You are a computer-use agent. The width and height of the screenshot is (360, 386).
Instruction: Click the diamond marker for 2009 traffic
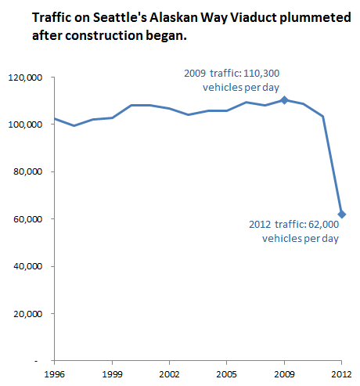[284, 100]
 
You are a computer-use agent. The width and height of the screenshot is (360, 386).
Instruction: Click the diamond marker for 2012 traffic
[341, 214]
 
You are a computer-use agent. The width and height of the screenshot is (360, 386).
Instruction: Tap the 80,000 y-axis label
[27, 172]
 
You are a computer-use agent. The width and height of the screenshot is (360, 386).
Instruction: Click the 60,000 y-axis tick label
[27, 219]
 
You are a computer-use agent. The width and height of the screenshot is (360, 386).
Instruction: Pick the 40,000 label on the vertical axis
[27, 266]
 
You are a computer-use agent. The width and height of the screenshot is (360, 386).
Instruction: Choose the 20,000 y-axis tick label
[27, 314]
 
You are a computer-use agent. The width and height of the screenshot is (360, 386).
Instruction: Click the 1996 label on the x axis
[55, 373]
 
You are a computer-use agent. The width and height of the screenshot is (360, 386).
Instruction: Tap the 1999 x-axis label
[112, 373]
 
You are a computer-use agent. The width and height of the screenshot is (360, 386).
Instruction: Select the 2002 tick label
[169, 373]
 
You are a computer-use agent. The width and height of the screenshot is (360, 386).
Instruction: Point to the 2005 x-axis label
[226, 373]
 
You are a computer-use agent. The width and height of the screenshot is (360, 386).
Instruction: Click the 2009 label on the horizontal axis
[284, 373]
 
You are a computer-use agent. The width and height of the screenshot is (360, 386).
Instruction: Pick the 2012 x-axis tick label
[341, 373]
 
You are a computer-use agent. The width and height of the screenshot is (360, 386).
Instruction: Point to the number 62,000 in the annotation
[322, 225]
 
